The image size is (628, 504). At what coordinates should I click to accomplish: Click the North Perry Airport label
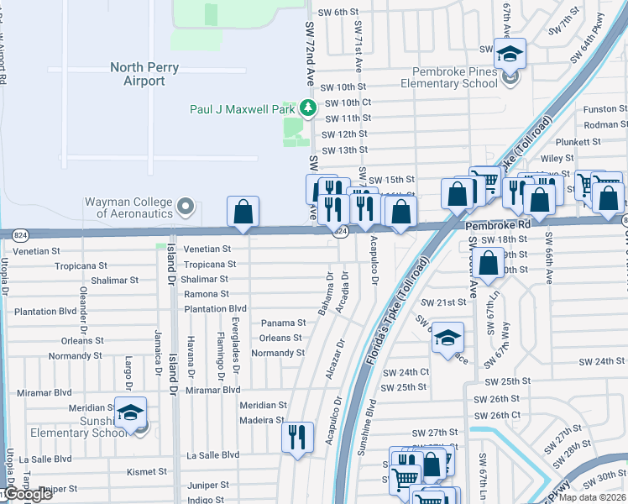point(138,74)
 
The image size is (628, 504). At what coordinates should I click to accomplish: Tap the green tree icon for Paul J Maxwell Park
point(308,108)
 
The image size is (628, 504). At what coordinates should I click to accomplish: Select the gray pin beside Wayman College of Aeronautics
point(186,206)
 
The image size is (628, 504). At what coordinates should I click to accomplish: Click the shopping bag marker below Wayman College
point(243,213)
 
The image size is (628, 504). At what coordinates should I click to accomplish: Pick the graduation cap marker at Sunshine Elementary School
point(130,413)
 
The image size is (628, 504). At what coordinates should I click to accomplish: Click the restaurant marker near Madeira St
point(297,437)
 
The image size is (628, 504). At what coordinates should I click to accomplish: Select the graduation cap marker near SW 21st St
point(448,339)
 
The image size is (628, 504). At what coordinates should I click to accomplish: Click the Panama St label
point(283,323)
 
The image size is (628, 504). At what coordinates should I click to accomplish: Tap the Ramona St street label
point(207,294)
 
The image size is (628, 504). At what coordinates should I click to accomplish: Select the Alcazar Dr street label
point(334,359)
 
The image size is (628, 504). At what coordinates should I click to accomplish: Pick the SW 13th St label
point(346,150)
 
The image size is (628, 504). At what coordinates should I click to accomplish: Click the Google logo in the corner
point(27,495)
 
